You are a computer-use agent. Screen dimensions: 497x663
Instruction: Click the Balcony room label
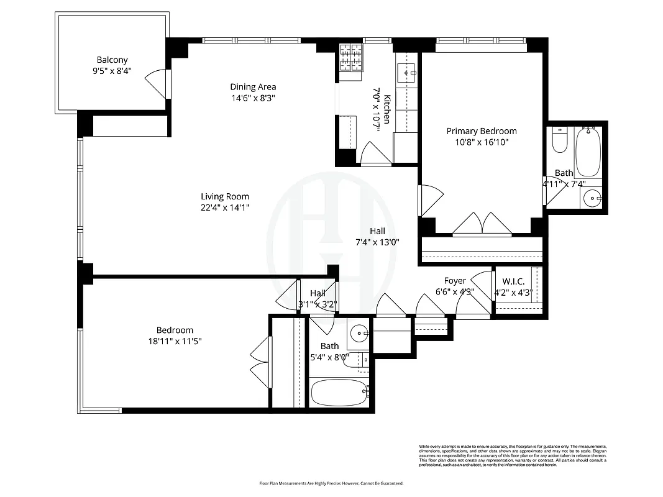pyautogui.click(x=112, y=60)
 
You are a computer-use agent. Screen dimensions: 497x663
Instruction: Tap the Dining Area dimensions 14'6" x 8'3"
pyautogui.click(x=252, y=98)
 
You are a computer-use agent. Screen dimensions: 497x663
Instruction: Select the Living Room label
pyautogui.click(x=224, y=196)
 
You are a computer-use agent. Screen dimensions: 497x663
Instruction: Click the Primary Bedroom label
pyautogui.click(x=482, y=131)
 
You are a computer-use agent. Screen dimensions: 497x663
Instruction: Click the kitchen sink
pyautogui.click(x=409, y=73)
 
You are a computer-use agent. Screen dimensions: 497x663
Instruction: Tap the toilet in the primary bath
pyautogui.click(x=560, y=141)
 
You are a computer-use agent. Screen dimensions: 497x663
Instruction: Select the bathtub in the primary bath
pyautogui.click(x=587, y=151)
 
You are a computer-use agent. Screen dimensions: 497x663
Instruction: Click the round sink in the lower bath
pyautogui.click(x=359, y=334)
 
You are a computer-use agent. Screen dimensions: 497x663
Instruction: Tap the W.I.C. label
pyautogui.click(x=513, y=281)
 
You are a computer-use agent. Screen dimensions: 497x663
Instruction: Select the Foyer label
pyautogui.click(x=455, y=281)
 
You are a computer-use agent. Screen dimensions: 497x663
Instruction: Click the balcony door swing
pyautogui.click(x=157, y=83)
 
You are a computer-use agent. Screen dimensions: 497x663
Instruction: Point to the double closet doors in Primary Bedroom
pyautogui.click(x=483, y=224)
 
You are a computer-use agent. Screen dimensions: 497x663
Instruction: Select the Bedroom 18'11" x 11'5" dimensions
pyautogui.click(x=175, y=341)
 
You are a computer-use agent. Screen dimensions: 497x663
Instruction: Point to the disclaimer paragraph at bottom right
pyautogui.click(x=513, y=453)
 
